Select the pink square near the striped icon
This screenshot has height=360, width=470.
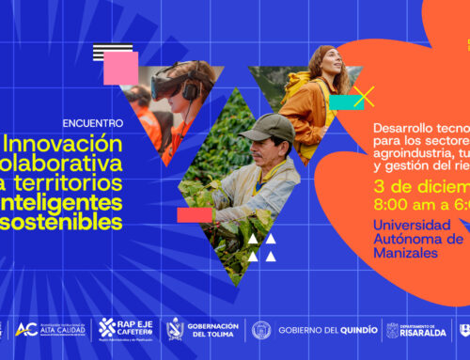[x=120, y=68]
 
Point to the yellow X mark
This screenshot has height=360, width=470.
[x=363, y=96]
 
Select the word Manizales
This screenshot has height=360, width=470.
[x=406, y=254]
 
